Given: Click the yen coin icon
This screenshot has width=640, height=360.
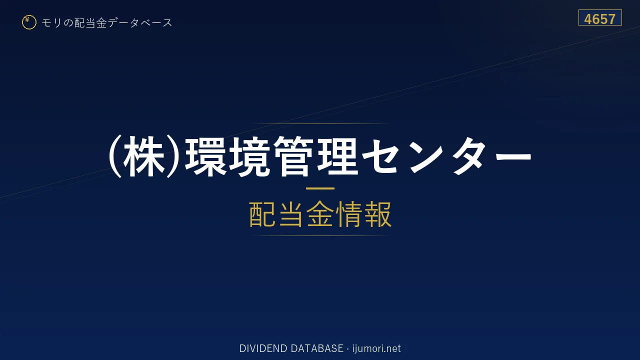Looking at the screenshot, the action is click(x=29, y=22).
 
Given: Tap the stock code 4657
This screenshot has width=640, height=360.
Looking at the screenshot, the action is click(x=600, y=19).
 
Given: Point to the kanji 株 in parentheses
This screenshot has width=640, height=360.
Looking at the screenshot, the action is click(x=143, y=156).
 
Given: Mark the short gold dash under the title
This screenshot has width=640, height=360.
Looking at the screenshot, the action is click(x=320, y=188).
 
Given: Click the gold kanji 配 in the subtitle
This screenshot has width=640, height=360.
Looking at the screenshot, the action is click(x=263, y=214).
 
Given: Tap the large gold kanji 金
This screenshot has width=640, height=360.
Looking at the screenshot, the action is click(x=320, y=214).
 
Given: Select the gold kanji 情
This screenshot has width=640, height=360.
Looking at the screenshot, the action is click(x=348, y=214).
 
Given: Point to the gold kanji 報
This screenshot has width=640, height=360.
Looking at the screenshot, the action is click(x=377, y=214).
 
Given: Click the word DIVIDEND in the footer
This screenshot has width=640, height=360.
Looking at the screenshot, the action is click(x=263, y=348).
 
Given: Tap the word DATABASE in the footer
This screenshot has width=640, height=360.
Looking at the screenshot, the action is click(x=317, y=348).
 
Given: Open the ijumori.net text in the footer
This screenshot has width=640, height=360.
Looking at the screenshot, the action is click(x=376, y=348).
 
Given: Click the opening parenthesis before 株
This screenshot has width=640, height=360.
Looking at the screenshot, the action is click(x=115, y=156).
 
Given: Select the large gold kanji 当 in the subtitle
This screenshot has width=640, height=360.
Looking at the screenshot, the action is click(x=291, y=214).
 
